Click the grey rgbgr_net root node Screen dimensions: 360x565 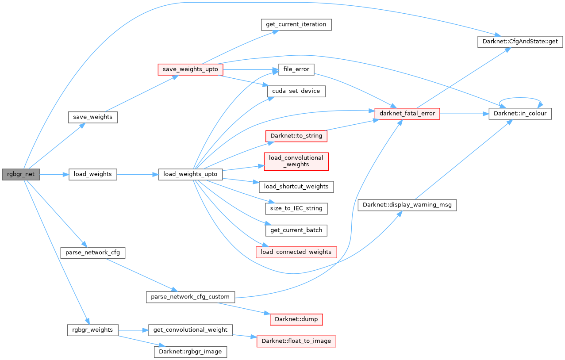point(21,174)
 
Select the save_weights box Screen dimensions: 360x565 point(92,117)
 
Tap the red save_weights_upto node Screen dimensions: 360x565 point(190,69)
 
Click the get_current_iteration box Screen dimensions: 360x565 point(296,24)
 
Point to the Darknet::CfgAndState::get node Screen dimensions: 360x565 point(520,42)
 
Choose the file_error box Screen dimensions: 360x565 point(296,69)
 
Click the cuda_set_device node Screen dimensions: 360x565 point(296,92)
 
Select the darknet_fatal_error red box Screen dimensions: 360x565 point(407,114)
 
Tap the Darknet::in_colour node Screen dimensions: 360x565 point(520,114)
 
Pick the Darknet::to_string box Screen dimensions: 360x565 point(296,136)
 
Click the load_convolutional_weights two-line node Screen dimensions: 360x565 point(296,161)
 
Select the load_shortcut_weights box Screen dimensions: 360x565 point(296,186)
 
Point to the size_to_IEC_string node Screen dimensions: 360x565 point(296,208)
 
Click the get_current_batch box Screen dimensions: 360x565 point(296,230)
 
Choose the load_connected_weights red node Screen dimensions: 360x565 point(296,252)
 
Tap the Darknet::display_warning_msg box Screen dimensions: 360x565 point(407,205)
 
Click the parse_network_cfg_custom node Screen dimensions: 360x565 point(190,297)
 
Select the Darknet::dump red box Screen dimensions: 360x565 point(296,319)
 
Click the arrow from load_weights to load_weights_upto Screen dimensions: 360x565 point(138,174)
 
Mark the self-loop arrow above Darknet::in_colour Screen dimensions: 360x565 point(520,98)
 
